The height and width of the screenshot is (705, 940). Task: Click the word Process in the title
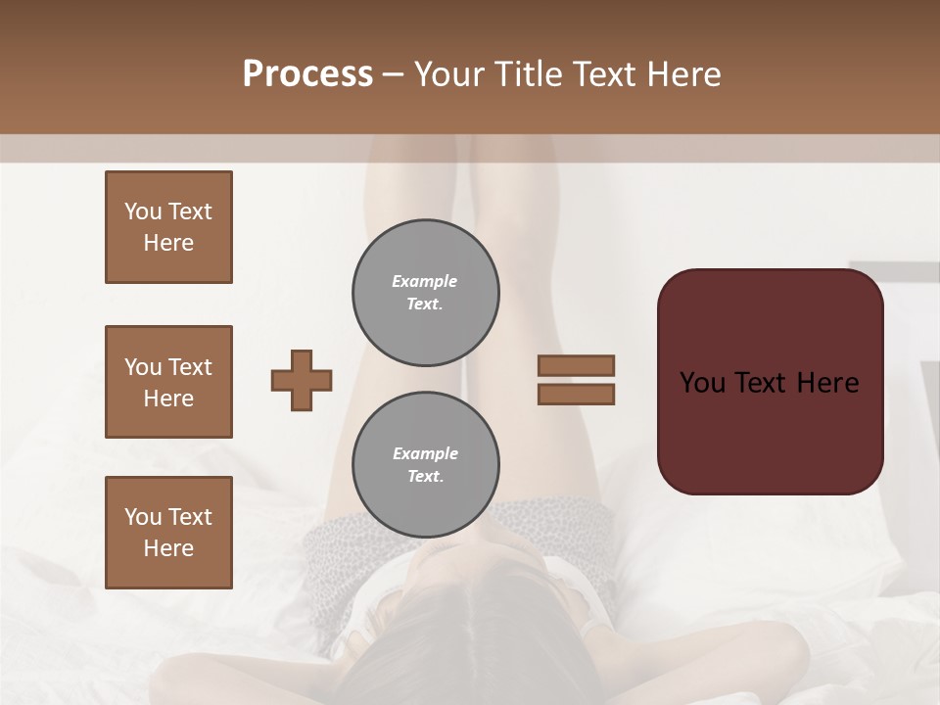click(307, 74)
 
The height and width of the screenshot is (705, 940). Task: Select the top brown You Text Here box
click(168, 227)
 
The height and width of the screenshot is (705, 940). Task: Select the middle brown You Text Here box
click(168, 382)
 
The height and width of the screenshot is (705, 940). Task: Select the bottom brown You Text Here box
click(168, 533)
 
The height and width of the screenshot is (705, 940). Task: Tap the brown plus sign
click(302, 380)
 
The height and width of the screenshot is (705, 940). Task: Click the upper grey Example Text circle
click(425, 293)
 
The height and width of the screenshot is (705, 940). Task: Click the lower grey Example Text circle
click(425, 465)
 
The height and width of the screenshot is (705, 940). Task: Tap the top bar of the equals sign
click(576, 366)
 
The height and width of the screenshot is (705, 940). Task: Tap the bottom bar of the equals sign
click(576, 394)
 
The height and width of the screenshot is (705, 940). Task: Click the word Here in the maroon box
click(827, 383)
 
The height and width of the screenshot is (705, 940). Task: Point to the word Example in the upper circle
click(424, 281)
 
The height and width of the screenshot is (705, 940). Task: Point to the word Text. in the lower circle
click(425, 477)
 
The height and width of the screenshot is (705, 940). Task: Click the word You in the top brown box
click(142, 211)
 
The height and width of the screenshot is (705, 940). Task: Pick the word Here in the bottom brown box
click(168, 548)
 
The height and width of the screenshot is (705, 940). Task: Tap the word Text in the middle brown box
click(189, 367)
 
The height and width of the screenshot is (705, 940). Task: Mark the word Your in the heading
click(447, 74)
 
